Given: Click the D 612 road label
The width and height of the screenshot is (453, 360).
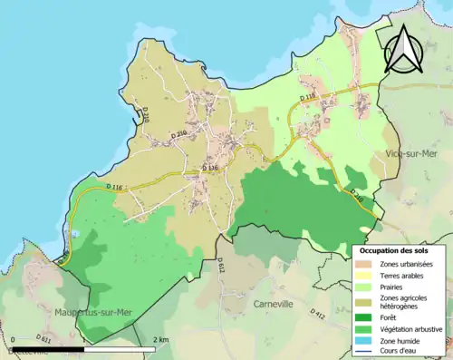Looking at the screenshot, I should coord(220,265).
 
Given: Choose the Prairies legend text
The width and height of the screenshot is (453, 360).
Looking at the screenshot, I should coord(393,287).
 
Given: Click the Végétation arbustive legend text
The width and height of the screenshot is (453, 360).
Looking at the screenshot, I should coord(411,329).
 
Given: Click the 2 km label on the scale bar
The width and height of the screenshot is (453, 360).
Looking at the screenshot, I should coord(161,339).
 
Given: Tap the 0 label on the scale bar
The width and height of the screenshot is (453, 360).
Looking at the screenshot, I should coord(13,339).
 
